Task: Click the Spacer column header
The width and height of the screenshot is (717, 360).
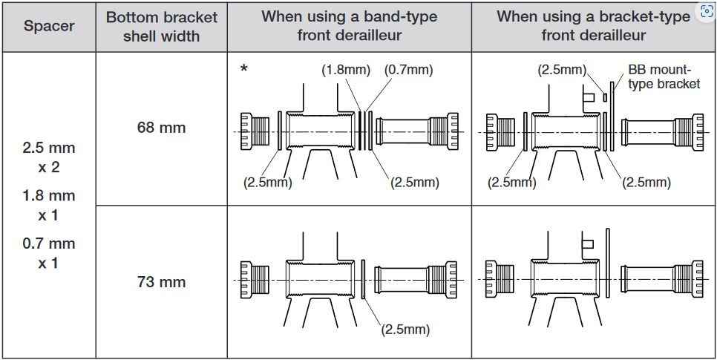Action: tap(48, 26)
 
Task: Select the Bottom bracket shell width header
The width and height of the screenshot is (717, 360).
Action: tap(161, 26)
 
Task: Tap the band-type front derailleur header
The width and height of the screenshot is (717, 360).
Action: tap(349, 25)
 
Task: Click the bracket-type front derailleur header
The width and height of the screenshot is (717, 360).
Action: tap(593, 25)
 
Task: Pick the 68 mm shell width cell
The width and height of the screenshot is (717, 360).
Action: tap(161, 128)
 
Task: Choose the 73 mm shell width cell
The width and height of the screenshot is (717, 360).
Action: tap(161, 282)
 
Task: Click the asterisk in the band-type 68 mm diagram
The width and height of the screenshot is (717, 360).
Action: tap(243, 71)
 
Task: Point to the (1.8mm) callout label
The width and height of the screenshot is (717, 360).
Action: tap(346, 71)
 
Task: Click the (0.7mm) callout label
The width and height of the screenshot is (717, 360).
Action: tap(408, 71)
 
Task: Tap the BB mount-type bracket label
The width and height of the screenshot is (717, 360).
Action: tap(664, 77)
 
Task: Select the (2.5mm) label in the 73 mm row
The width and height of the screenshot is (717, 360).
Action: tap(405, 330)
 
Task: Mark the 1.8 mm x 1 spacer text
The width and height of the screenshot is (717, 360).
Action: tap(48, 206)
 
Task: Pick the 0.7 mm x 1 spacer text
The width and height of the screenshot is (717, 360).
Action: tap(48, 253)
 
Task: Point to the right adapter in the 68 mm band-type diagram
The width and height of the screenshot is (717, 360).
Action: tap(416, 132)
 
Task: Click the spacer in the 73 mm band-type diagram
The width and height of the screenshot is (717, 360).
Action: tap(364, 279)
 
